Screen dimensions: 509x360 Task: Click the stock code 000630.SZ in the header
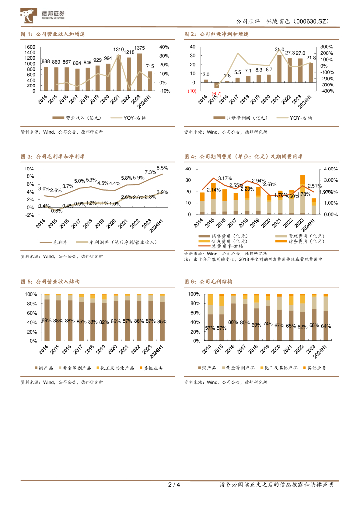coord(312,22)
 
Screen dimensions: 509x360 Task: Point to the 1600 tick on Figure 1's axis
coord(30,47)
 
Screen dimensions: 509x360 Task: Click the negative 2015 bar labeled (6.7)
coord(217,85)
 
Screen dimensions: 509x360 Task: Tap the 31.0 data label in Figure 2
coord(279,50)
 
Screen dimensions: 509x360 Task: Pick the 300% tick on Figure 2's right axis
coord(326,47)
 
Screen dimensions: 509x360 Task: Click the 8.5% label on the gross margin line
coord(162,168)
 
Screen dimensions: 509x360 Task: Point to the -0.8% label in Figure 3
coord(56,211)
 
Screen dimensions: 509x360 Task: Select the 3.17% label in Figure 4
coord(225,178)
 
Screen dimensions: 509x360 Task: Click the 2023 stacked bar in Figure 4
coord(302,194)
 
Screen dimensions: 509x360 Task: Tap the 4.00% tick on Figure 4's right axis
coord(330,169)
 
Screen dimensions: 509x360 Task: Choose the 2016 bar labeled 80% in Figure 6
coord(233,322)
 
